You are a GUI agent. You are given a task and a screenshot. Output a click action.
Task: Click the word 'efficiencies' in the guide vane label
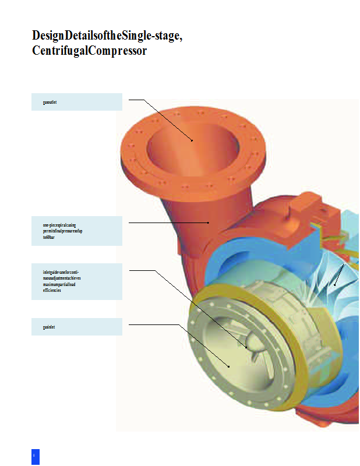[52, 290]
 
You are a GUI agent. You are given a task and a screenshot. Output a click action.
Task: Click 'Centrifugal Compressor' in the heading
[90, 51]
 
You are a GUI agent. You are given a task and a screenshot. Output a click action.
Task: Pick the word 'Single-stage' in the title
[153, 36]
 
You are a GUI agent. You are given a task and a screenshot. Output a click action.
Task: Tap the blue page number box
[35, 456]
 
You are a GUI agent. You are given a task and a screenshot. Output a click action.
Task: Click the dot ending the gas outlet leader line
[192, 140]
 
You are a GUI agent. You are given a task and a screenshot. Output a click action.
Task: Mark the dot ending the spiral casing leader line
[208, 223]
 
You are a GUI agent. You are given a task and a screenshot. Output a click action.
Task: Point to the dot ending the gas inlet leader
[229, 366]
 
